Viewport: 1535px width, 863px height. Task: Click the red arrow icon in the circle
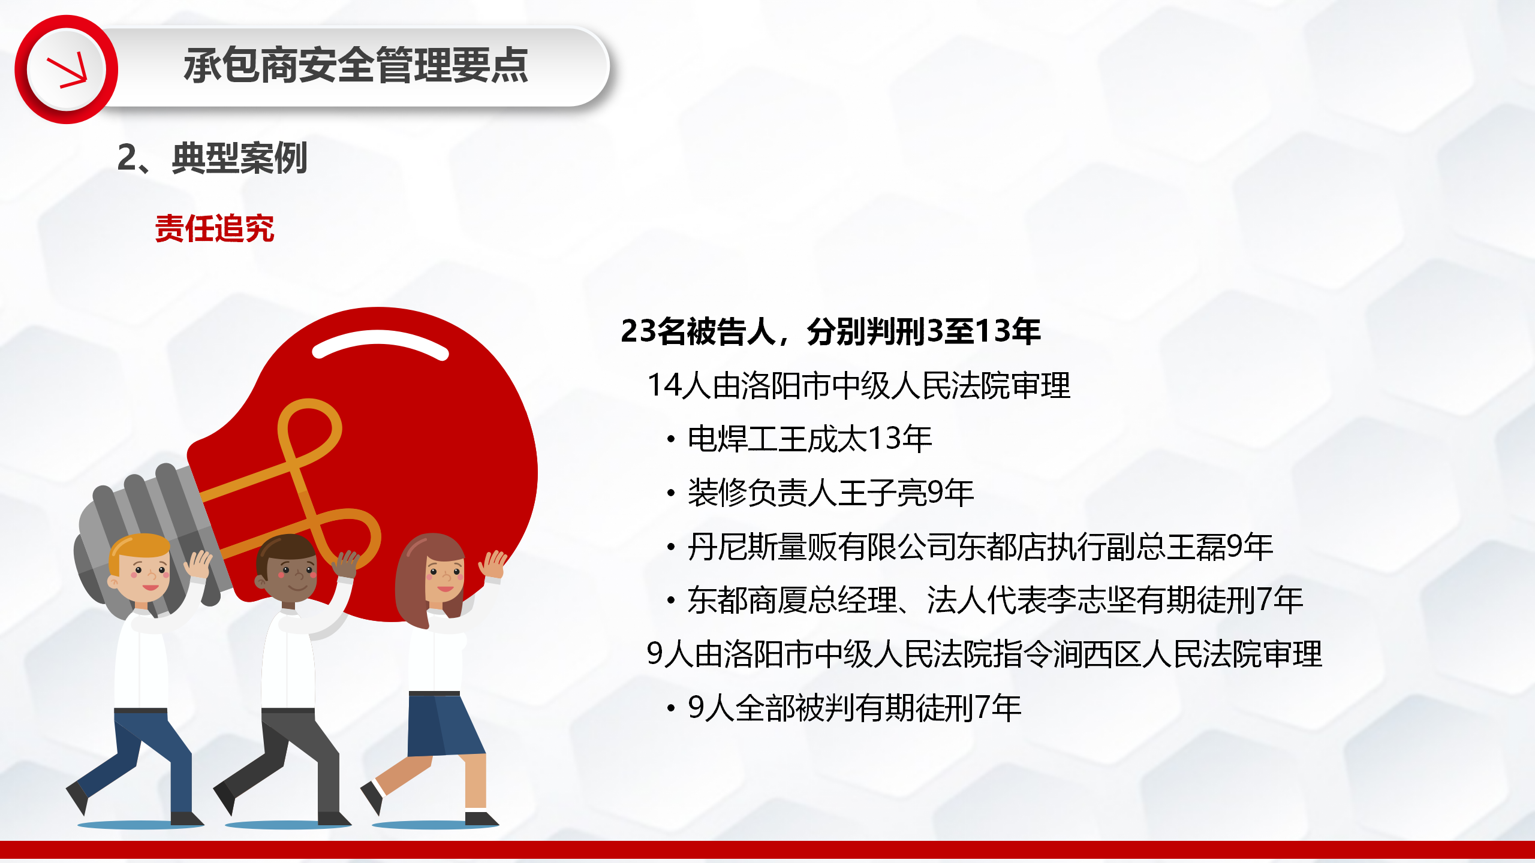(67, 71)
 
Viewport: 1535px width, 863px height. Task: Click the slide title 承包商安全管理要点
(356, 65)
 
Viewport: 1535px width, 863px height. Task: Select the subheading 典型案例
(239, 158)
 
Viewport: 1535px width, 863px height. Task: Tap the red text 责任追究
(214, 228)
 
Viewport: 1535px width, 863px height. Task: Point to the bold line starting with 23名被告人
(830, 331)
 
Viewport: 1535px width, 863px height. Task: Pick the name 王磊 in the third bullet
(1196, 547)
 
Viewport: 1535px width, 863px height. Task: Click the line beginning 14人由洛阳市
(859, 385)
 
